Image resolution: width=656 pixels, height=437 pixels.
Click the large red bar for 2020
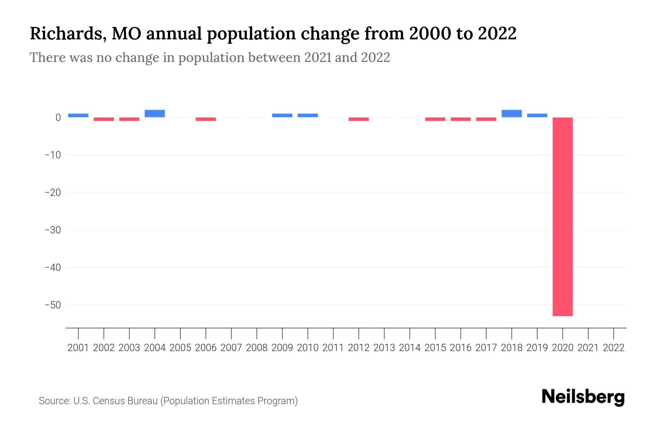[x=563, y=217]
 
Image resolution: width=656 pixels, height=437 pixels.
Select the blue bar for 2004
[x=155, y=114]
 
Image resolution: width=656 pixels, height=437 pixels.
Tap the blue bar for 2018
[x=512, y=114]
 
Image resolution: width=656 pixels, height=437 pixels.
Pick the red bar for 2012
[x=359, y=119]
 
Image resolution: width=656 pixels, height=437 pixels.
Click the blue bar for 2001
[x=78, y=115]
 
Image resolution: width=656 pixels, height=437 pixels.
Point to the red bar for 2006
[x=206, y=119]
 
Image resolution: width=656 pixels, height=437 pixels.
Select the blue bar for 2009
[x=282, y=115]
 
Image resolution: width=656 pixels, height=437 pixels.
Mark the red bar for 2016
[x=461, y=119]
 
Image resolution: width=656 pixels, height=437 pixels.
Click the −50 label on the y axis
[x=52, y=305]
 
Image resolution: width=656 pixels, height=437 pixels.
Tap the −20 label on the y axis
[x=52, y=192]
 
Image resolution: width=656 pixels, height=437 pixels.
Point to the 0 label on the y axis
[x=58, y=117]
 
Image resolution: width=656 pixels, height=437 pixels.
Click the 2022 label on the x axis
[x=614, y=348]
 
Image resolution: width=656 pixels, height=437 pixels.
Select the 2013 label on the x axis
[x=384, y=348]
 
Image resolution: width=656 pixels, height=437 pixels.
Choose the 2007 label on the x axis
[x=231, y=348]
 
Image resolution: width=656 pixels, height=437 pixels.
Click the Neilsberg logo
[x=583, y=397]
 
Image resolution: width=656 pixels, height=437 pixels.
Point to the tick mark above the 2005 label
[x=180, y=333]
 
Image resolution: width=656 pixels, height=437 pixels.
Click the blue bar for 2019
[x=537, y=115]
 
